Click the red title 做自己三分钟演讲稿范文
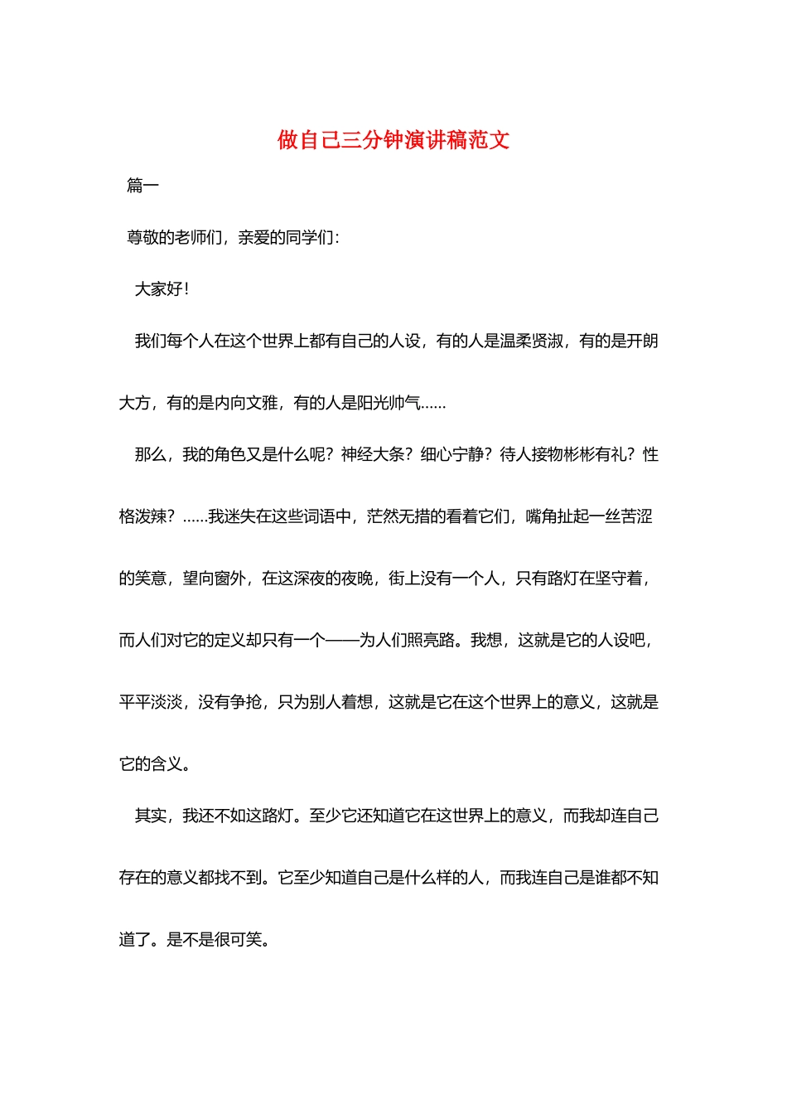pyautogui.click(x=393, y=140)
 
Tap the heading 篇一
pyautogui.click(x=142, y=186)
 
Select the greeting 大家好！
pyautogui.click(x=162, y=289)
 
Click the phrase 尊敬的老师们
pyautogui.click(x=174, y=238)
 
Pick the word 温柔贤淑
pyautogui.click(x=531, y=341)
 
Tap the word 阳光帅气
pyautogui.click(x=389, y=403)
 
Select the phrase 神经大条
pyautogui.click(x=373, y=454)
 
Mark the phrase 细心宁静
pyautogui.click(x=452, y=454)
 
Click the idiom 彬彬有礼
pyautogui.click(x=594, y=454)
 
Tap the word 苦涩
pyautogui.click(x=636, y=516)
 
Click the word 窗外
pyautogui.click(x=230, y=579)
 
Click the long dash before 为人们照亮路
pyautogui.click(x=341, y=640)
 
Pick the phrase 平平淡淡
pyautogui.click(x=151, y=702)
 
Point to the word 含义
pyautogui.click(x=167, y=764)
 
